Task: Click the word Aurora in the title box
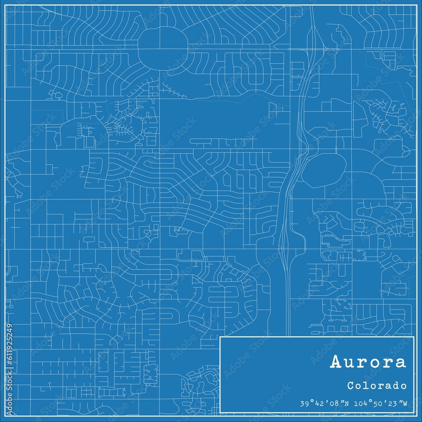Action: click(368, 362)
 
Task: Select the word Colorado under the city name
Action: click(377, 385)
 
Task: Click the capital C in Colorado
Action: click(351, 385)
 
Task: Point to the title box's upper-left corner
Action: click(221, 337)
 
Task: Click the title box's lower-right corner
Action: click(414, 413)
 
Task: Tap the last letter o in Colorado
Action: click(404, 385)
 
